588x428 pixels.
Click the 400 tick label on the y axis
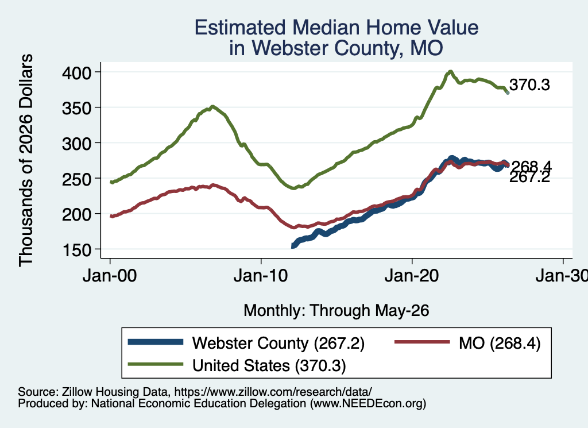pos(76,72)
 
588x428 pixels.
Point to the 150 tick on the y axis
pos(76,250)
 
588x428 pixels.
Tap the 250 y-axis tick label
pos(76,179)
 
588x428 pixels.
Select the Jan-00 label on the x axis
pos(110,276)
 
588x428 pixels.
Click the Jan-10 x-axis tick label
pos(261,276)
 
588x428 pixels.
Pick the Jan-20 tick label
pos(412,276)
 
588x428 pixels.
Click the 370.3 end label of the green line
pos(529,85)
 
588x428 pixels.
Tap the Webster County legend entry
pos(278,343)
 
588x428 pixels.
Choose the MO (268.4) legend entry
pos(500,343)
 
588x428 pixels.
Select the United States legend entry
pos(269,365)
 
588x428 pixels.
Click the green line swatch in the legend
pos(156,364)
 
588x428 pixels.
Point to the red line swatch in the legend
pos(422,342)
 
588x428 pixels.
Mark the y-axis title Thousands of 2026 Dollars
pos(26,160)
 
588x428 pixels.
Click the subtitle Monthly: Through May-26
pos(336,311)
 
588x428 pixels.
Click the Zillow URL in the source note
pos(273,392)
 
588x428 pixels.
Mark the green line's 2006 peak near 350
pos(212,106)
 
